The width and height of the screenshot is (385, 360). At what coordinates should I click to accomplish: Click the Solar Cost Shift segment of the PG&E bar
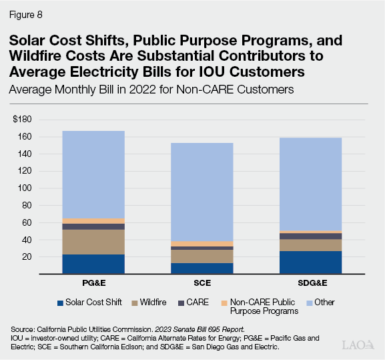point(93,264)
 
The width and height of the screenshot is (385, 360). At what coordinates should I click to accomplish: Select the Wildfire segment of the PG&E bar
point(93,242)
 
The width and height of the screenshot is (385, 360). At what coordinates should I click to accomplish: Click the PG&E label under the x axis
point(93,285)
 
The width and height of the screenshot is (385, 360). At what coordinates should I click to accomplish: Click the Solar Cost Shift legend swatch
point(62,302)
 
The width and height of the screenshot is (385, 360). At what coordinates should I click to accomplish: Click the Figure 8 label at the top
point(26,11)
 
